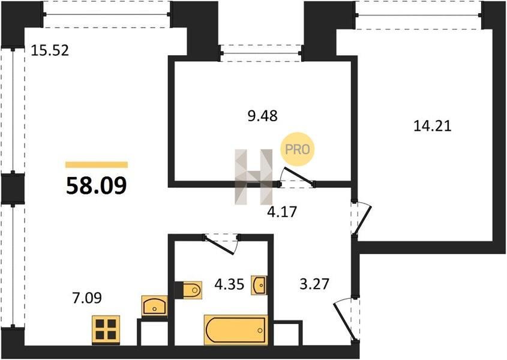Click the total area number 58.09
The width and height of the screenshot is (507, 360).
[x=97, y=186]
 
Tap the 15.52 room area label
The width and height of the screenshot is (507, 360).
[x=50, y=50]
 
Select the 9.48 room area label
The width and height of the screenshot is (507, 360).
[x=263, y=115]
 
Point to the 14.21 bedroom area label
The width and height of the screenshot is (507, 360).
[x=433, y=125]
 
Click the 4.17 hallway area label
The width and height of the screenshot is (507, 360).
[x=282, y=212]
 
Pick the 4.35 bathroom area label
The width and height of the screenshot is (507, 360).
[x=229, y=284]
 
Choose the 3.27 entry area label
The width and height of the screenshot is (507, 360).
[x=314, y=284]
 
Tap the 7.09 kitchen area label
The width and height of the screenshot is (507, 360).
[x=86, y=298]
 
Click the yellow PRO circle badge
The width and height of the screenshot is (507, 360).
[x=297, y=149]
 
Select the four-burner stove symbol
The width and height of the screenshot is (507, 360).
[x=106, y=329]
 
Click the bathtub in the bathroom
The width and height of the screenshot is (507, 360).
[x=236, y=330]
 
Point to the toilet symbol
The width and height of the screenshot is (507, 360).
[x=188, y=290]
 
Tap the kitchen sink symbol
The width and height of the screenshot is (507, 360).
[x=155, y=305]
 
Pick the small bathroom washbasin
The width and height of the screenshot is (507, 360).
[x=259, y=285]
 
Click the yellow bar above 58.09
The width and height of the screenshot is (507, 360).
[x=97, y=165]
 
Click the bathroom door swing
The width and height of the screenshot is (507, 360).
[x=221, y=244]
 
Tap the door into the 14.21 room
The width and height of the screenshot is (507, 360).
[x=361, y=219]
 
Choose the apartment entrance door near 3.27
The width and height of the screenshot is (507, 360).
[x=347, y=320]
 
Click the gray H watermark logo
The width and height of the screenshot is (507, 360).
[x=253, y=176]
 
